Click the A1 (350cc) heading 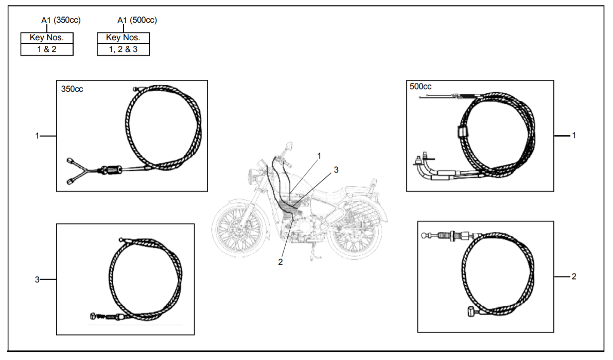61,20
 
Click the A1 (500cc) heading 137,20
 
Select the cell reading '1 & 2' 47,49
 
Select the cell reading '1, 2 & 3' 123,49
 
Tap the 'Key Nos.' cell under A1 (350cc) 47,38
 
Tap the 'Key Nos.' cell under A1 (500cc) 123,38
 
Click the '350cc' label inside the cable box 72,89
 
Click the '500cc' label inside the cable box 421,87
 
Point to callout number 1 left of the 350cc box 37,136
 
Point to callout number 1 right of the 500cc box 574,135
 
